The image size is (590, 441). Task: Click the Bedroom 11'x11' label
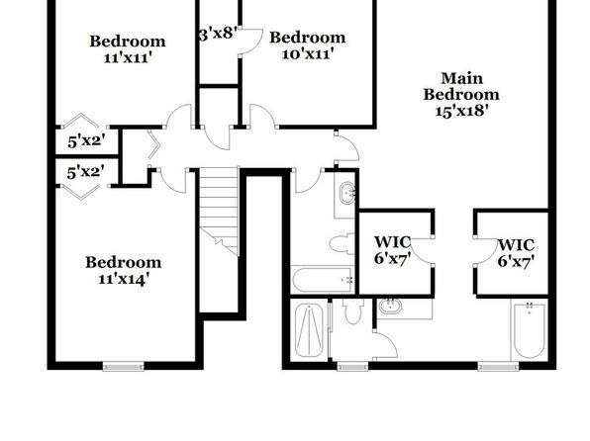pos(128,48)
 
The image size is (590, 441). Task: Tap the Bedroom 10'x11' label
pos(308,45)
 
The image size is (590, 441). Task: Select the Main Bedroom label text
pos(461,86)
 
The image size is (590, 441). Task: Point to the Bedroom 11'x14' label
pos(124,270)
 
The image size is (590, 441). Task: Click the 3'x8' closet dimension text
pos(218,33)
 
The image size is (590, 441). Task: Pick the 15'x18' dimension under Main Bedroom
pos(461,111)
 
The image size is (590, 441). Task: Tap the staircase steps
pos(219,212)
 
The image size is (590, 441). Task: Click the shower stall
pos(309,330)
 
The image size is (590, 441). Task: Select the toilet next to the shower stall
pos(353,310)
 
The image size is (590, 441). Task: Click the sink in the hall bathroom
pos(347,193)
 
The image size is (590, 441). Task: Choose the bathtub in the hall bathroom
pos(323,280)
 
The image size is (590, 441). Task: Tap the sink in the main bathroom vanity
pos(390,307)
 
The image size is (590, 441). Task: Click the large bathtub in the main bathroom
pos(530,329)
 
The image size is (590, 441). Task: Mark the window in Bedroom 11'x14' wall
pos(124,366)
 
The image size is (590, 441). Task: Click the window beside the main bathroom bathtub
pos(498,366)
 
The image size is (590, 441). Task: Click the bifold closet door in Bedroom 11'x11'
pos(80,120)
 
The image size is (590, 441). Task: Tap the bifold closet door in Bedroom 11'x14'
pos(80,193)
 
